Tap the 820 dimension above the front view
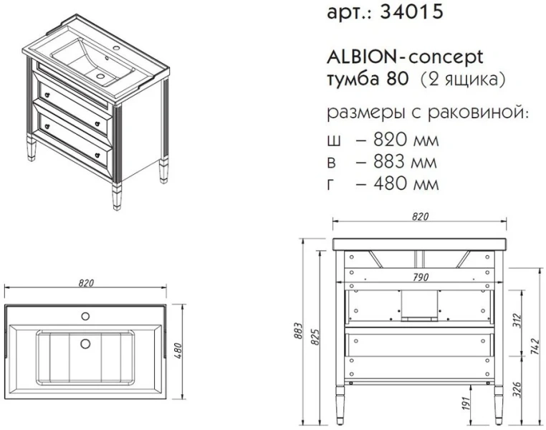pos(421,216)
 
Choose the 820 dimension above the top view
pos(85,283)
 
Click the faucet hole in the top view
pos(85,316)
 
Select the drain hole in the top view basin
pos(85,343)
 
